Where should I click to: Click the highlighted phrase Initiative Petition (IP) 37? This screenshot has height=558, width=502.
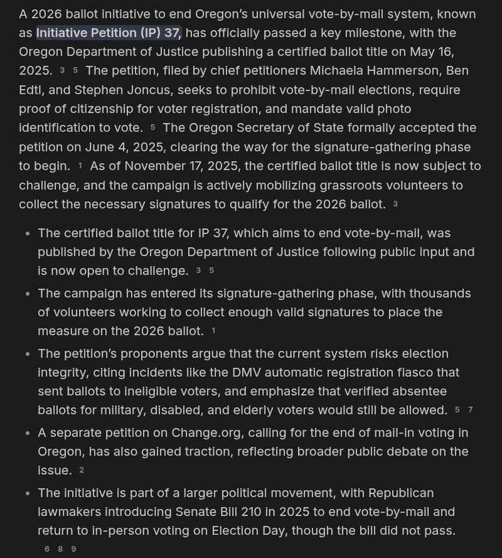108,33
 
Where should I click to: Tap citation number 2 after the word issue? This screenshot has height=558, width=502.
82,471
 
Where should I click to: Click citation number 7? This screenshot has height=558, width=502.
470,410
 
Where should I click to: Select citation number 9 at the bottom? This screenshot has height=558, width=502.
74,549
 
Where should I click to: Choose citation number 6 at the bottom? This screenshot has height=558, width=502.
47,549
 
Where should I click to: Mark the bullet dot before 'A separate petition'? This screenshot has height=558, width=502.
27,434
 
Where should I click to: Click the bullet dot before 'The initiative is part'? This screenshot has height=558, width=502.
27,493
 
